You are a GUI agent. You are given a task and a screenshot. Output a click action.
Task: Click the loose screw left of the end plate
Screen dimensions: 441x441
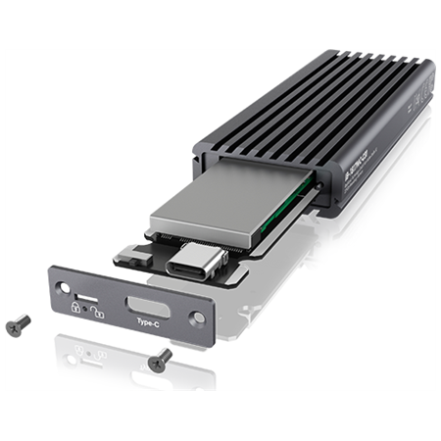coord(16,327)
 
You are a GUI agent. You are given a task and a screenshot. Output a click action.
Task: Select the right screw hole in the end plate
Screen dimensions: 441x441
coord(199,317)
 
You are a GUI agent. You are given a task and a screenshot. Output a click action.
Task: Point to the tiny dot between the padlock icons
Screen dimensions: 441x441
coord(85,308)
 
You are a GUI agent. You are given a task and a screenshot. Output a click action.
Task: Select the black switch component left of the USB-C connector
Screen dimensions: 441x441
coord(131,258)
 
